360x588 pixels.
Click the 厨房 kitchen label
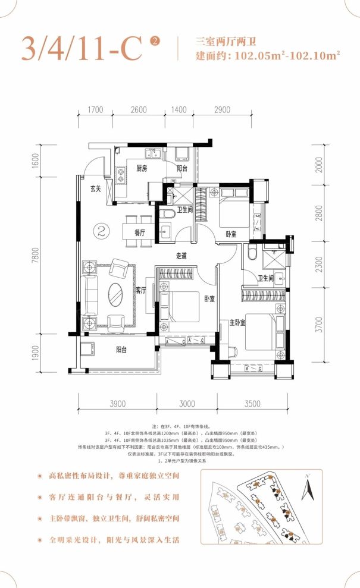click(x=141, y=169)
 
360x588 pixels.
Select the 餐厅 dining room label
click(x=140, y=234)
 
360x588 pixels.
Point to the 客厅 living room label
click(x=141, y=291)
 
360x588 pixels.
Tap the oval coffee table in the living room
click(x=116, y=293)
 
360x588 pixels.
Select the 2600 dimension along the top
click(x=139, y=110)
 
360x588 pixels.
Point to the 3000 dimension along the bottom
click(x=187, y=404)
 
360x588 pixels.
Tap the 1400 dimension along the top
click(x=179, y=110)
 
